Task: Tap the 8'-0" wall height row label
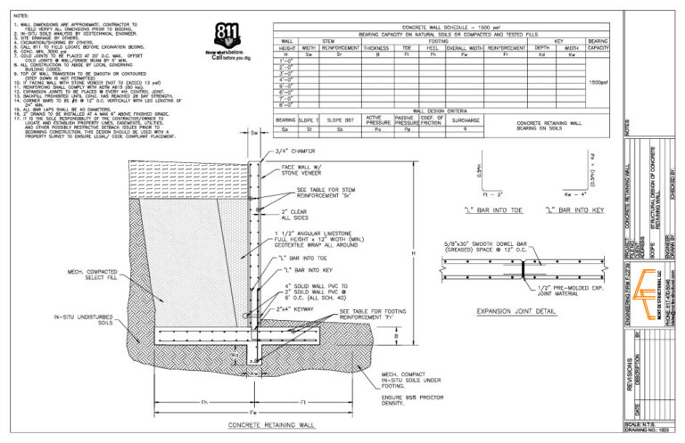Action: tap(287, 105)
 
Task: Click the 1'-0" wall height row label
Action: tap(287, 61)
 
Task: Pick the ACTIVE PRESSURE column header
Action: tap(375, 119)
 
